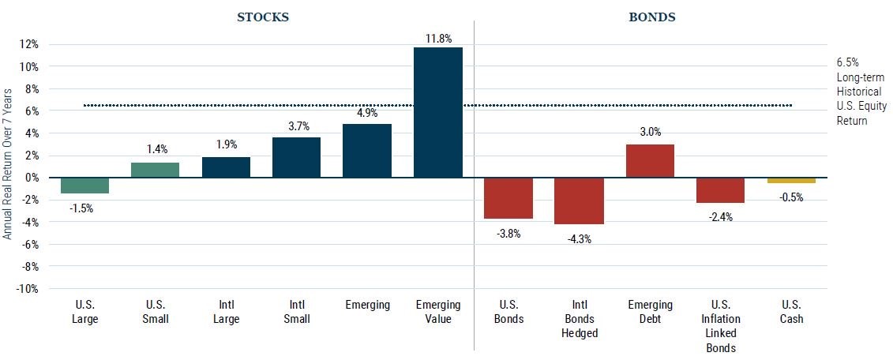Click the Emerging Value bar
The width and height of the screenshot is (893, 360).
(x=437, y=112)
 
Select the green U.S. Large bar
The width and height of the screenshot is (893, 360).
(x=84, y=186)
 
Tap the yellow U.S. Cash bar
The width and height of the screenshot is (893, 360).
(x=791, y=181)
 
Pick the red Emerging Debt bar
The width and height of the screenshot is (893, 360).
(x=650, y=161)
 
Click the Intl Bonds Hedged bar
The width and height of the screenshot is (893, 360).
(x=579, y=201)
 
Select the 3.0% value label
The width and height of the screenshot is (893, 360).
(x=650, y=133)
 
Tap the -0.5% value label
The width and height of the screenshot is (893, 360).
(x=791, y=197)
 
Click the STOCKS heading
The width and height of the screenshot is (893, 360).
(x=263, y=17)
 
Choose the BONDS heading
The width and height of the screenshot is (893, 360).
(x=652, y=17)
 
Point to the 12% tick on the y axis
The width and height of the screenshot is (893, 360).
(x=29, y=44)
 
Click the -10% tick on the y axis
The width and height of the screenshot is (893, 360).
(x=28, y=289)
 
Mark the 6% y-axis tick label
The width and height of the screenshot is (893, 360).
(x=32, y=111)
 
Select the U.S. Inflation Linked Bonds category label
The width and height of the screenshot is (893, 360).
(x=720, y=326)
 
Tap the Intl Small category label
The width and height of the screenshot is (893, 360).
(x=296, y=312)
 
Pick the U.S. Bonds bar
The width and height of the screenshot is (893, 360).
(x=508, y=198)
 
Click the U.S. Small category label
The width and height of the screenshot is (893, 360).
(x=155, y=312)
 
